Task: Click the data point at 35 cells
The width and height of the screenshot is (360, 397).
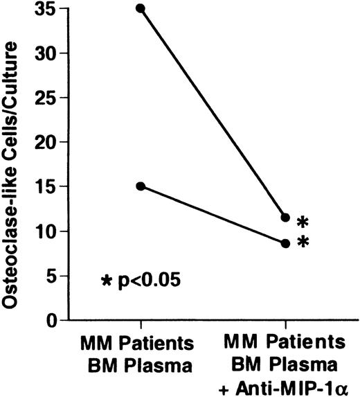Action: tap(141, 8)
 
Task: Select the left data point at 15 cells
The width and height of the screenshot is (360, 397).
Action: tap(141, 186)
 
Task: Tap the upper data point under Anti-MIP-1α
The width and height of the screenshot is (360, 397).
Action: tap(285, 218)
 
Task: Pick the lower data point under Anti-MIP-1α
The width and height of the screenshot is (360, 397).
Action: tap(285, 243)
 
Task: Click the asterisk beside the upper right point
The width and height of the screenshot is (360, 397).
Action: tap(303, 222)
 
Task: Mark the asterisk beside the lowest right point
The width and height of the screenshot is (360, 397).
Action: tap(303, 243)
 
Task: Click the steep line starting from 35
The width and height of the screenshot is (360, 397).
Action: tap(213, 113)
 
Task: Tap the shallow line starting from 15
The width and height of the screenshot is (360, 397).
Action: tap(213, 215)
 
